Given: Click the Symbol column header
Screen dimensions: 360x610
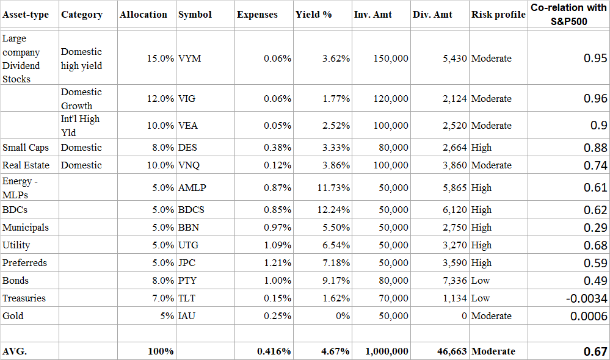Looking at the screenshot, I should click(x=195, y=15).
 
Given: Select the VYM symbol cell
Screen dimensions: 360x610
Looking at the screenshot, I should click(x=190, y=59).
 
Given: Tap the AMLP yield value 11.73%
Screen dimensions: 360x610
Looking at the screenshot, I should click(x=333, y=188).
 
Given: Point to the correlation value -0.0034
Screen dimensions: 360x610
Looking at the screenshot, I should click(x=586, y=298).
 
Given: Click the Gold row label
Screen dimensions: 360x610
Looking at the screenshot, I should click(x=13, y=316).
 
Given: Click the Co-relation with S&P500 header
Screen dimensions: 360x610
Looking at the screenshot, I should click(x=568, y=13).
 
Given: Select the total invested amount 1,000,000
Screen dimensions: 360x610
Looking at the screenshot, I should click(x=387, y=351).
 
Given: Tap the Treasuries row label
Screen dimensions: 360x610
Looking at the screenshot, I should click(x=24, y=298).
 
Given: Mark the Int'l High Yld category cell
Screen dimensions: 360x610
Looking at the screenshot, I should click(x=79, y=125).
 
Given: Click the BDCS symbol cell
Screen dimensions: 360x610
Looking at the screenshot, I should click(x=191, y=210).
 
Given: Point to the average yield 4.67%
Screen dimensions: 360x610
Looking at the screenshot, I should click(x=335, y=351).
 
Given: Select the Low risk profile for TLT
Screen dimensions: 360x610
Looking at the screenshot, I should click(x=480, y=298).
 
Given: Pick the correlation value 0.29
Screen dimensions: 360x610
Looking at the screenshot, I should click(x=595, y=228).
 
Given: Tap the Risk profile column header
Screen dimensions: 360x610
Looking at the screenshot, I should click(x=498, y=15).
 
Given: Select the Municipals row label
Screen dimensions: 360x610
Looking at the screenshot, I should click(x=25, y=228).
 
